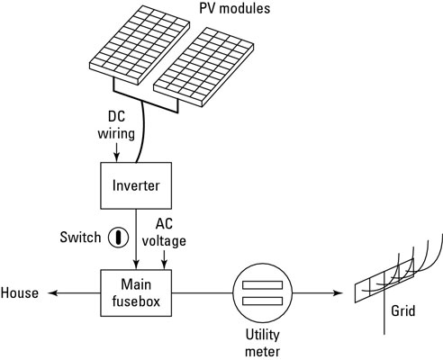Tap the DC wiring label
click(116, 126)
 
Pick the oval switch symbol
click(115, 238)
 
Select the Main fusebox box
click(136, 293)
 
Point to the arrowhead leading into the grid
click(344, 293)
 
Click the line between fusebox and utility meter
click(203, 293)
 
